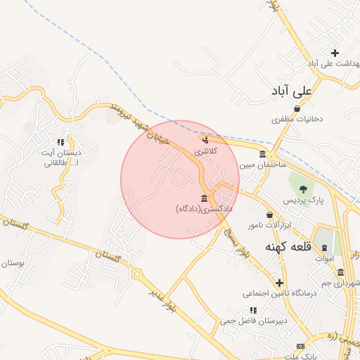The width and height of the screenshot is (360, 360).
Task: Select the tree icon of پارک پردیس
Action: [x=303, y=189]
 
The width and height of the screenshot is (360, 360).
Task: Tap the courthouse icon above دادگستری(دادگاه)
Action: [x=204, y=198]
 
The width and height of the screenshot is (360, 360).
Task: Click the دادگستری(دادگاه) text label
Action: [x=204, y=209]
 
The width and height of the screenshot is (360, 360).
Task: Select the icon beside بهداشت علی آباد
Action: [x=335, y=53]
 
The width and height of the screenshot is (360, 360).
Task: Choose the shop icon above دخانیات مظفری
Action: [x=297, y=108]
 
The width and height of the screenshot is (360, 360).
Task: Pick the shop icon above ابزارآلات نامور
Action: [x=269, y=214]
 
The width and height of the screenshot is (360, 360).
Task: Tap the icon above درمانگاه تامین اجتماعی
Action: [x=279, y=282]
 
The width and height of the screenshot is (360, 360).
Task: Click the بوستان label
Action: [x=13, y=263]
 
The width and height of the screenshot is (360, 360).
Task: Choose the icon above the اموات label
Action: [x=324, y=247]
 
